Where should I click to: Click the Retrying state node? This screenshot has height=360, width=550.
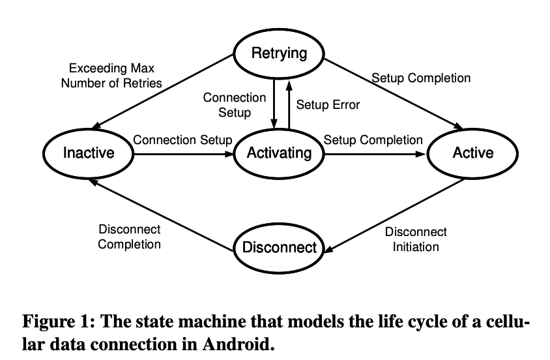[x=279, y=53]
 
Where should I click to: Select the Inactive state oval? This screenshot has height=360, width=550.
[x=89, y=153]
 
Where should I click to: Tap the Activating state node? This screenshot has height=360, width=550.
[x=280, y=153]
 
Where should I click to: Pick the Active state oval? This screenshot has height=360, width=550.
[x=473, y=153]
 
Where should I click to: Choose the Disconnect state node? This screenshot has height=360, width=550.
[x=279, y=247]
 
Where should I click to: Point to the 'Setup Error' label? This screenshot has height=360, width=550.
[x=328, y=104]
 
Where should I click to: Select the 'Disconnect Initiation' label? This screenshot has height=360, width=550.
[x=416, y=239]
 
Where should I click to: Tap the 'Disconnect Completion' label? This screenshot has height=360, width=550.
[x=129, y=237]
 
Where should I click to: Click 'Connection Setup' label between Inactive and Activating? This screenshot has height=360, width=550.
[x=182, y=140]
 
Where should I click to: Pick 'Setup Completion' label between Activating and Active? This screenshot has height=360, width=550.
[x=373, y=140]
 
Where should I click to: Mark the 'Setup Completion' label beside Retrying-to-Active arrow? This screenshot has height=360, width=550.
[x=421, y=78]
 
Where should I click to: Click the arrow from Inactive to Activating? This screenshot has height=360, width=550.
[x=182, y=155]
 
